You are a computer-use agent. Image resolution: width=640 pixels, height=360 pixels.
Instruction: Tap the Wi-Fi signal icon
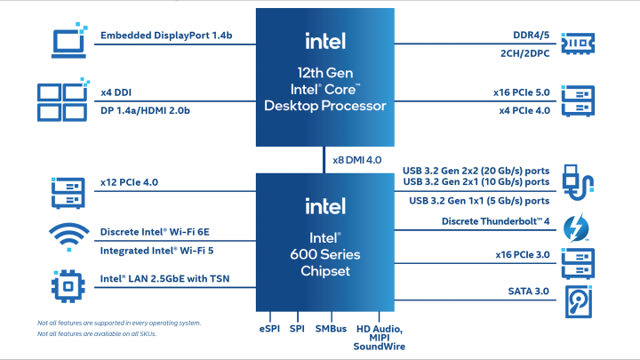[68, 238]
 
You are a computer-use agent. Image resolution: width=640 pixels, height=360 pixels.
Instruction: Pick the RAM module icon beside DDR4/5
[579, 42]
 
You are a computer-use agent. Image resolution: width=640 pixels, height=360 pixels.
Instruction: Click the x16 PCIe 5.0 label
[522, 92]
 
